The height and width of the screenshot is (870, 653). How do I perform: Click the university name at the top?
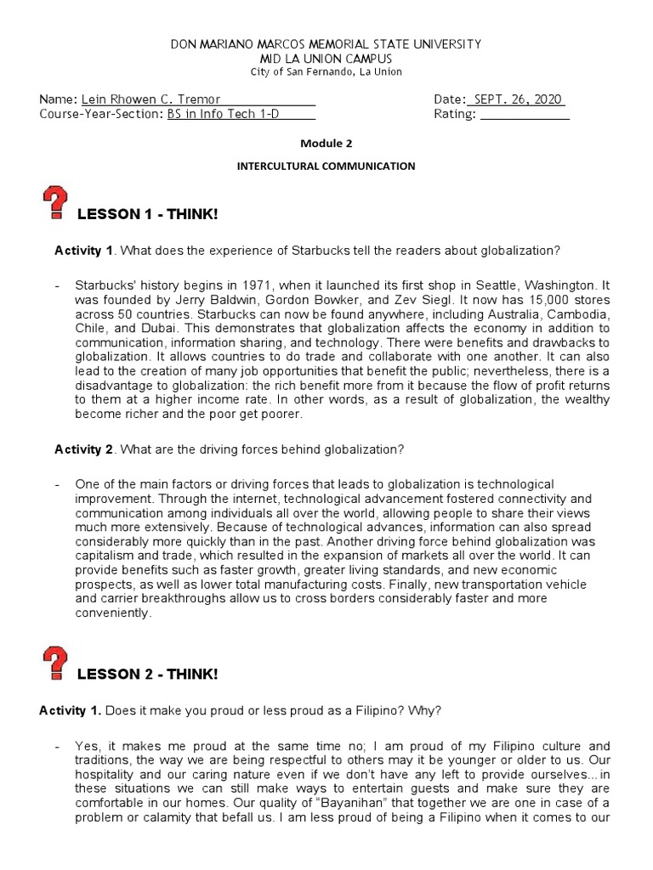326,43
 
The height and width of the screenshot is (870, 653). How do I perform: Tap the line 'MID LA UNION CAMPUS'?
326,58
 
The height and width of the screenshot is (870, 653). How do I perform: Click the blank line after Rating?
525,115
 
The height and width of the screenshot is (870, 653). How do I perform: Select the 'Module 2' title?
326,144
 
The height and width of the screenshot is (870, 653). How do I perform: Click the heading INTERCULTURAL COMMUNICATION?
326,167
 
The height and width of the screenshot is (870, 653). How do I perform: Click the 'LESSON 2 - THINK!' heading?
147,674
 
